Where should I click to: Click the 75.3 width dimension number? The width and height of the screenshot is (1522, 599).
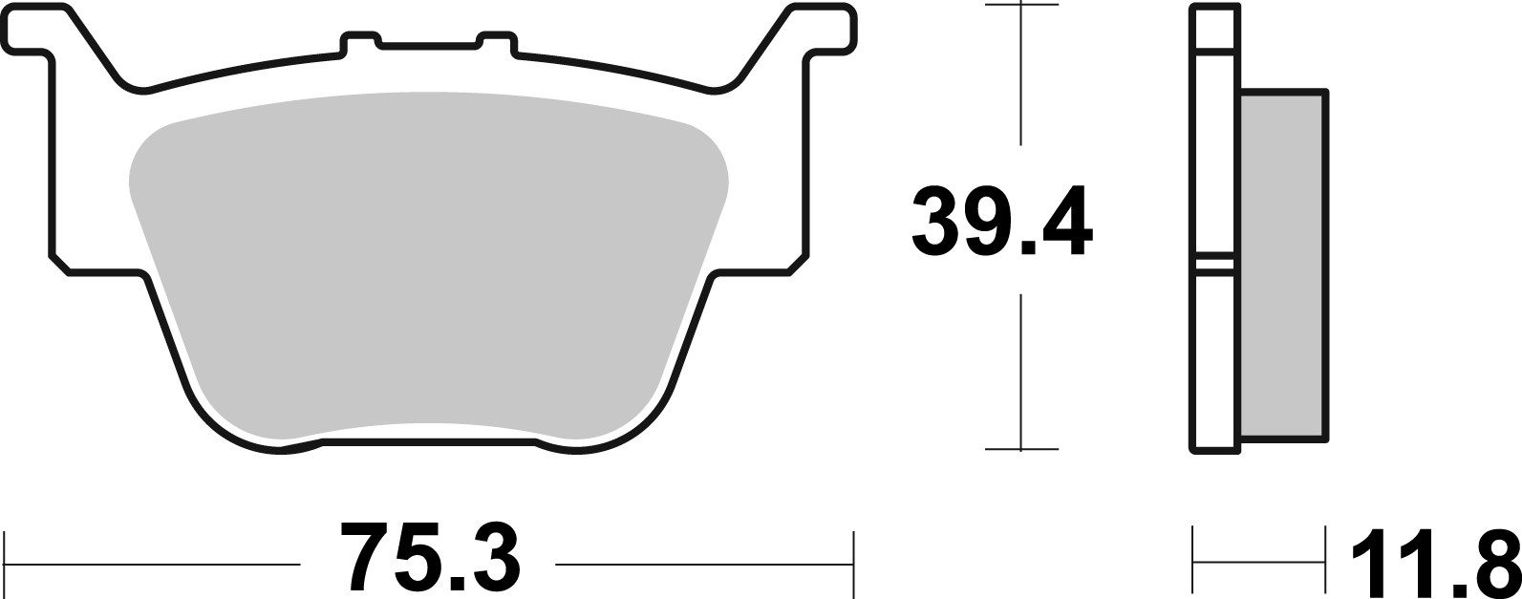(x=430, y=558)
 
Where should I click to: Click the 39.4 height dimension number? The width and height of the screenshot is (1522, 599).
(x=1000, y=223)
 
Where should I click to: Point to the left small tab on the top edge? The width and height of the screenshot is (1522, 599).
(x=361, y=41)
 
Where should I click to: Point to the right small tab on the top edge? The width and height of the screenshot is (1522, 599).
(x=496, y=41)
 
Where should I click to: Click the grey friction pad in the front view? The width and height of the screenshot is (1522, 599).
(x=428, y=267)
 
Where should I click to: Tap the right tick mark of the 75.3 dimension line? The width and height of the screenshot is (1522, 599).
(x=852, y=564)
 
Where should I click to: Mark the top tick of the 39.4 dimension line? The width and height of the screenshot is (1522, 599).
(x=1021, y=6)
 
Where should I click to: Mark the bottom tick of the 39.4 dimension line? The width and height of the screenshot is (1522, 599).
(x=1021, y=448)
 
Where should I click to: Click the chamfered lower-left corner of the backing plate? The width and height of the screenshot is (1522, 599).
(x=59, y=265)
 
